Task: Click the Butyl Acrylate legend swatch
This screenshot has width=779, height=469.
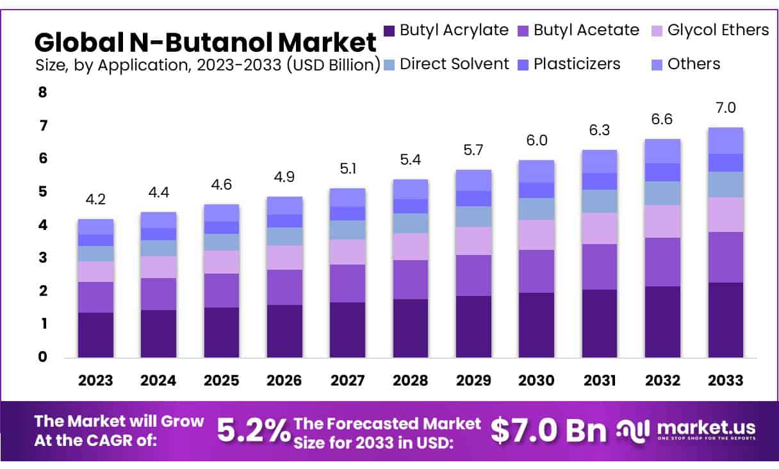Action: pos(389,30)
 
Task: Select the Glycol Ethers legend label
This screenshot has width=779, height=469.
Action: pos(717,29)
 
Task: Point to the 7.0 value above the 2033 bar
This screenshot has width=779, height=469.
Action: pos(725,108)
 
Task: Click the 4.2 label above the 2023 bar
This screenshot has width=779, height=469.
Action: pos(95,199)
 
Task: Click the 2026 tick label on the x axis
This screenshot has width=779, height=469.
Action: pos(284,380)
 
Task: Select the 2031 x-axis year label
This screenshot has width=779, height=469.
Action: pos(600,380)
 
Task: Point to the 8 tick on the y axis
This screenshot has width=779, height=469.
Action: pos(43,92)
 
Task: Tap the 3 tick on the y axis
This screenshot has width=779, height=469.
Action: pos(43,258)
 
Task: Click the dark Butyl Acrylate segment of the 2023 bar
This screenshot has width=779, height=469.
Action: pos(95,334)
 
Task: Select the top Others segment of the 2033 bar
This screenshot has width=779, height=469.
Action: pos(725,140)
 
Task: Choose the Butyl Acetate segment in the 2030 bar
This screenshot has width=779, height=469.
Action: pos(536,271)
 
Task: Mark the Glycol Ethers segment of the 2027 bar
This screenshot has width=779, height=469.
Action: pos(347,252)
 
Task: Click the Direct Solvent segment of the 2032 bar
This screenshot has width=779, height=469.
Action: pos(662,193)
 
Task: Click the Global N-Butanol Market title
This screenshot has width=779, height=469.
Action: pos(205,42)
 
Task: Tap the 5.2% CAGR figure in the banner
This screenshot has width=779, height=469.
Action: pos(254,431)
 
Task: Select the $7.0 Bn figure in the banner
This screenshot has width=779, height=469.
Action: pos(548,431)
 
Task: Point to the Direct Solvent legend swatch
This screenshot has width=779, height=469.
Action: pos(389,64)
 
